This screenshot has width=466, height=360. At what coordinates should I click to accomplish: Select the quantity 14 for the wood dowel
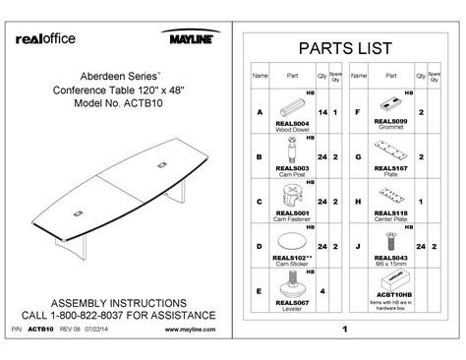321,112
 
